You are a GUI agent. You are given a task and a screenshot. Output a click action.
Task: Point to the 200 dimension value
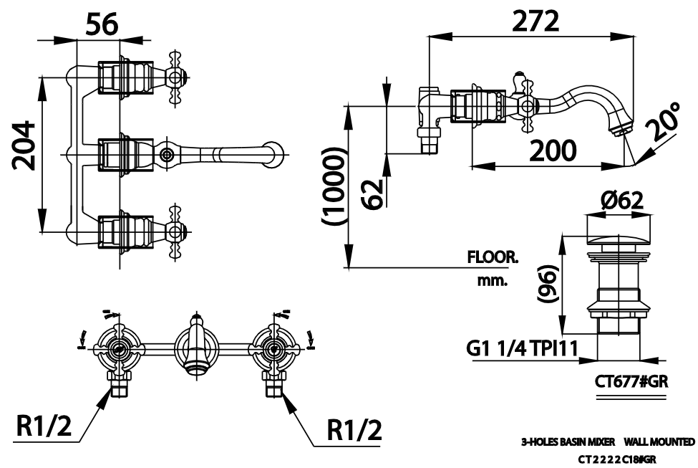(553, 150)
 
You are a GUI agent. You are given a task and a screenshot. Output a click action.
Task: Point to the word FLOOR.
(493, 257)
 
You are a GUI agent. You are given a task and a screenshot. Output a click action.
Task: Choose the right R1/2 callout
(354, 429)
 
